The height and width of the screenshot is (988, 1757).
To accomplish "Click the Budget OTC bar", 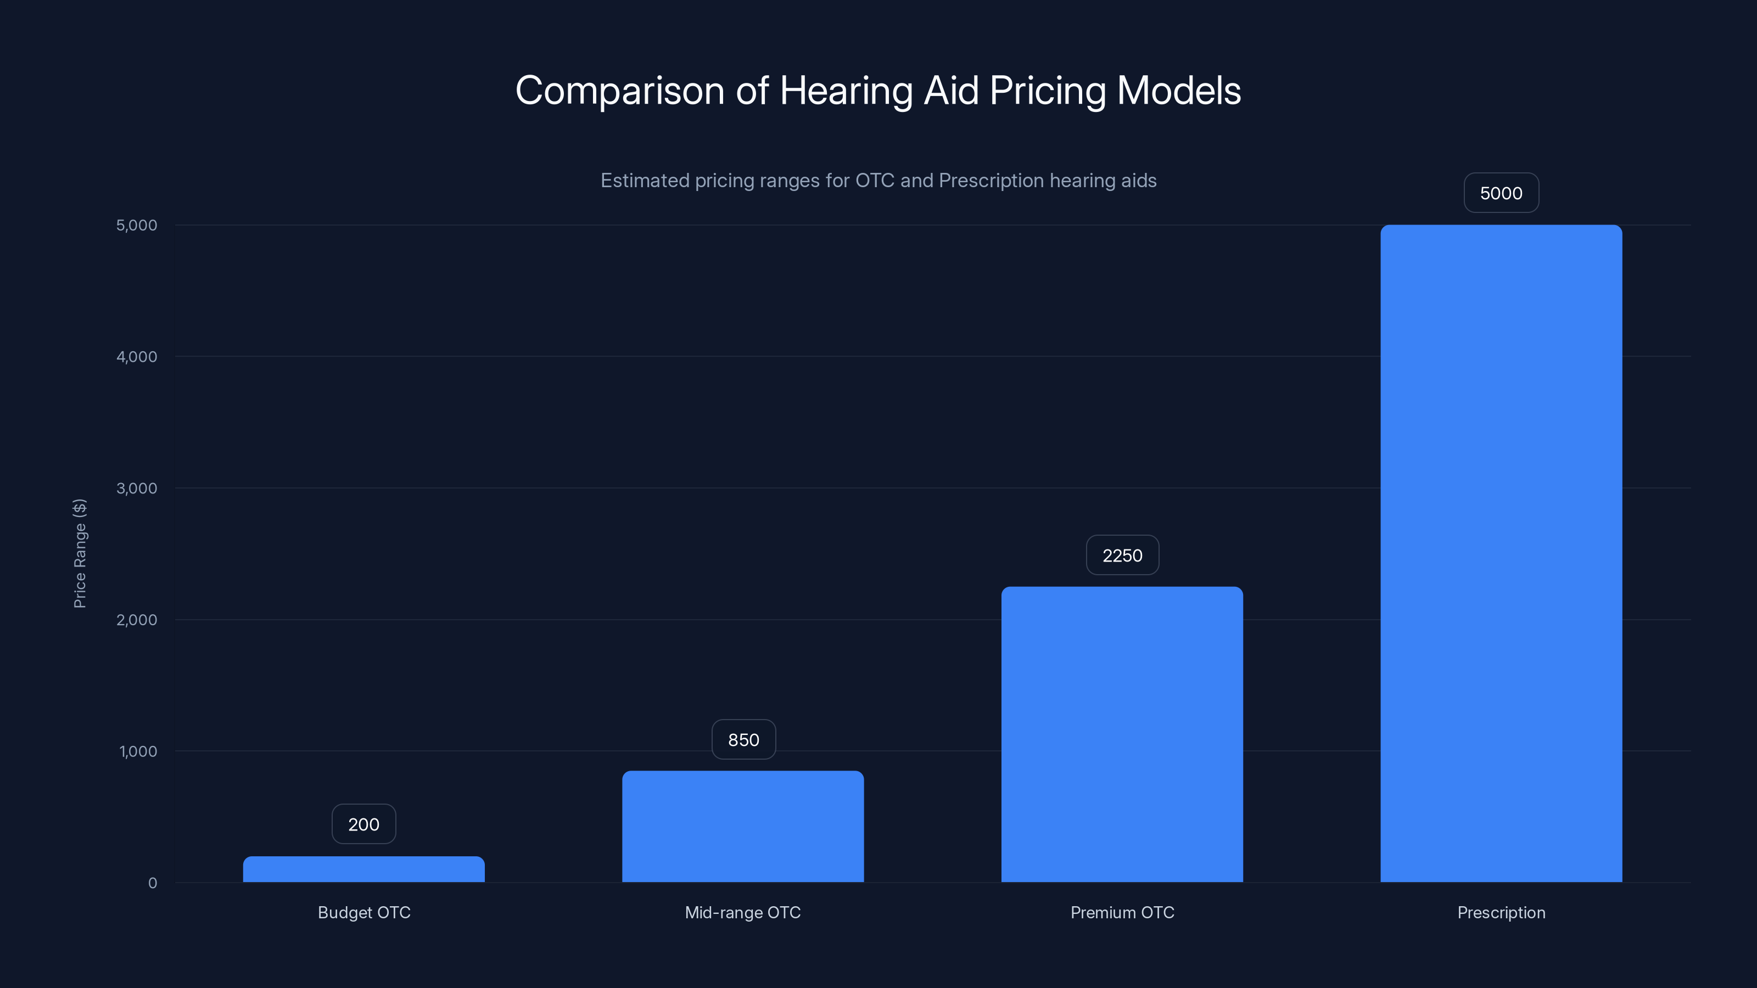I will click(363, 869).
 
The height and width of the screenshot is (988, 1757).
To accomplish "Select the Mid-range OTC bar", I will click(743, 827).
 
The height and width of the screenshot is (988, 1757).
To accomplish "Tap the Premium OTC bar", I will click(1122, 734).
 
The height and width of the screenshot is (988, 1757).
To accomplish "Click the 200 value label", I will click(363, 824).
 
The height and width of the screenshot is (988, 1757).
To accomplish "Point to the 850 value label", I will click(743, 740).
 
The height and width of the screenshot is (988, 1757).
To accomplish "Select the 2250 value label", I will click(1122, 555).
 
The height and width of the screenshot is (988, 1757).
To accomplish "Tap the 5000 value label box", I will click(1501, 193).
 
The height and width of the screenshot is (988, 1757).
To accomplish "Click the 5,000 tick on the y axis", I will click(136, 225).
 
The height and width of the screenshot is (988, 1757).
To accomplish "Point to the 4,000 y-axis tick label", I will click(136, 357).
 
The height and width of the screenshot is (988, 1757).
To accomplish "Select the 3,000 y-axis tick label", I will click(136, 488).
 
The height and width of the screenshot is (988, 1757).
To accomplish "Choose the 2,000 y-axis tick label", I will click(136, 620).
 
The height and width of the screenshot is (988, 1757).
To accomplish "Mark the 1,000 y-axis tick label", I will click(138, 751).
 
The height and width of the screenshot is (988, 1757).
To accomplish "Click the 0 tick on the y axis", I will click(152, 883).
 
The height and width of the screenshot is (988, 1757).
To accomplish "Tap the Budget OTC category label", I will click(363, 912).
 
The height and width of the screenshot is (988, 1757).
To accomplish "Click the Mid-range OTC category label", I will click(743, 912).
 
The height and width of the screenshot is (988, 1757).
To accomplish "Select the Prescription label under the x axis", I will click(1501, 912).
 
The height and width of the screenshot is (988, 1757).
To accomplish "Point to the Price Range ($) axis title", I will click(80, 553).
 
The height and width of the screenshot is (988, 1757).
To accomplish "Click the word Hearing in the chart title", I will click(845, 91).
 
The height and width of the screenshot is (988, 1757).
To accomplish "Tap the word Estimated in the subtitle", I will click(645, 181).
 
